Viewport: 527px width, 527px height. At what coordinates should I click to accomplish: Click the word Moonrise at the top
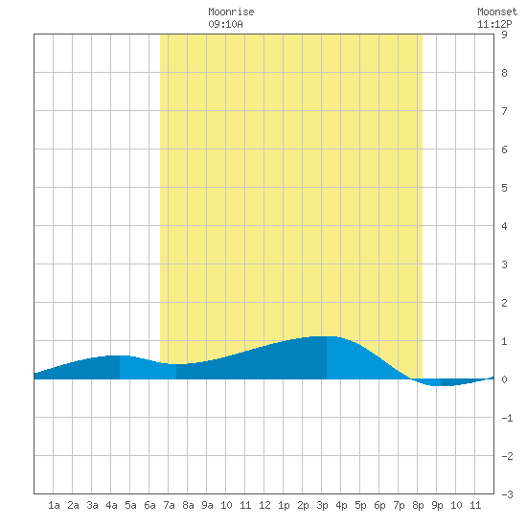coord(231,11)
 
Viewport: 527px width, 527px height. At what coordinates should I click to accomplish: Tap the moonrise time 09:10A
coord(225,24)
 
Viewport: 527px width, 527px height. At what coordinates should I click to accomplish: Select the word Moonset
coord(497,11)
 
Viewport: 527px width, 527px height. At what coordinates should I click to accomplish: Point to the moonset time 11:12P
coord(494,24)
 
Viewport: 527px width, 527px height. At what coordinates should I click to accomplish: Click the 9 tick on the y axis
coord(504,34)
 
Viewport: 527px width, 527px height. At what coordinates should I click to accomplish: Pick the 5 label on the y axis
coord(504,188)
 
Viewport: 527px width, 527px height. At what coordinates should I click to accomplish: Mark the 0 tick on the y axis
coord(504,379)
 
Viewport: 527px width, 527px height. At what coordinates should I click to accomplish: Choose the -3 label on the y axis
coord(507,494)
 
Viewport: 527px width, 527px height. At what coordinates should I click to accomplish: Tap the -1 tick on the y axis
coord(507,418)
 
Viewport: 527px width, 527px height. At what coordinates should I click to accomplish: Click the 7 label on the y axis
coord(504,111)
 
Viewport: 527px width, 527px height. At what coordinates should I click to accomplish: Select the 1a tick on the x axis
coord(54,505)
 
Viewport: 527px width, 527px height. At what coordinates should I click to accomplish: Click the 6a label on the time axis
coord(149,505)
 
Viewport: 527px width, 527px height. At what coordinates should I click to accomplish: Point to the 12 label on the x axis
coord(264,505)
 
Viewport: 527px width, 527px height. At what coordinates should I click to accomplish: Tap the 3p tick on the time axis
coord(322,505)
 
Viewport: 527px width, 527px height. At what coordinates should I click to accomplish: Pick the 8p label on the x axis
coord(418,505)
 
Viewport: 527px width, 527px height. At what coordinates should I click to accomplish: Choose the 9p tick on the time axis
coord(437,505)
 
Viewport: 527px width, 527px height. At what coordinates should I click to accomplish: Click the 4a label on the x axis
coord(111,505)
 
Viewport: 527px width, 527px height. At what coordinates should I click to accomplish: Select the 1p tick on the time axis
coord(284,505)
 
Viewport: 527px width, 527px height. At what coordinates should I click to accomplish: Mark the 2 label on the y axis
coord(504,303)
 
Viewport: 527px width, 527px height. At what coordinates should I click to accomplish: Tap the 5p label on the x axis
coord(360,505)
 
